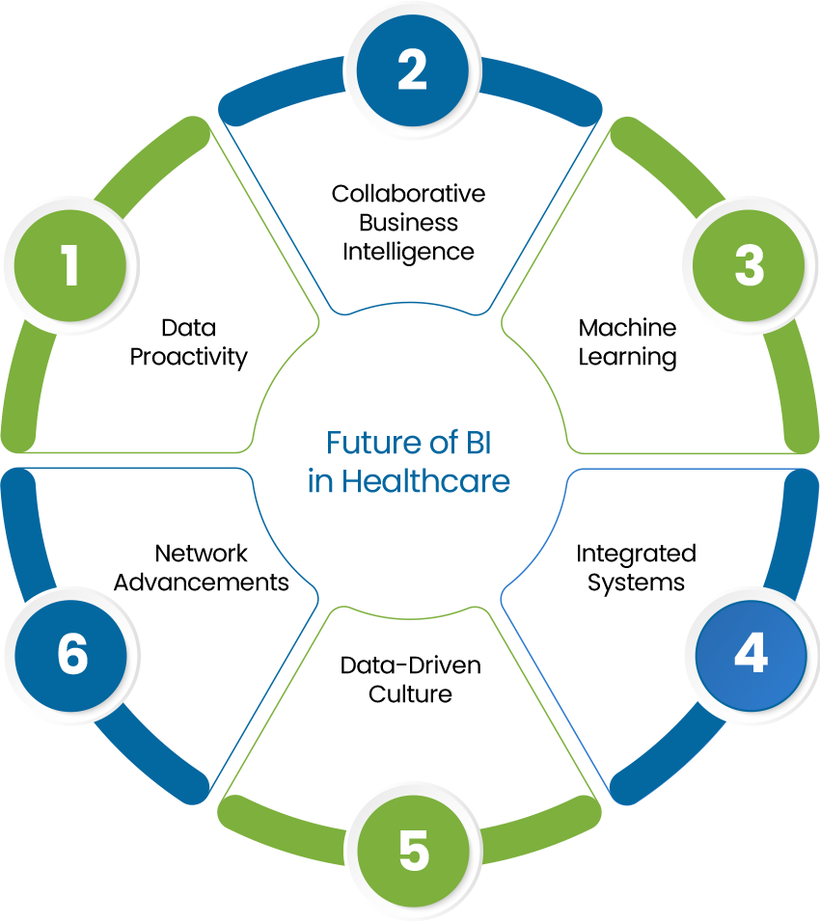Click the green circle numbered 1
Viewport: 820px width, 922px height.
(70, 266)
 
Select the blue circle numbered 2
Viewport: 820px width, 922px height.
(412, 70)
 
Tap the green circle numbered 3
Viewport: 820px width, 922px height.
(749, 266)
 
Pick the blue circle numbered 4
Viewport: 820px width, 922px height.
(750, 655)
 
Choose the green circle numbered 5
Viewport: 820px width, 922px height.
(413, 854)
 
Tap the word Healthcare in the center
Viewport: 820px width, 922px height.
(424, 481)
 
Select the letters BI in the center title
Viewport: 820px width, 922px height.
(484, 444)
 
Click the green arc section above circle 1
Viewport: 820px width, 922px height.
(154, 164)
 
